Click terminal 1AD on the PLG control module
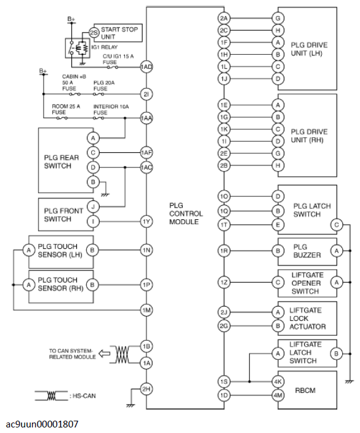(x=146, y=67)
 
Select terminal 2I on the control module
(x=146, y=94)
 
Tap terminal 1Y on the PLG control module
(x=146, y=221)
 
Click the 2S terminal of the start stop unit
(x=94, y=33)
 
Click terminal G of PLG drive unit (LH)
(x=279, y=18)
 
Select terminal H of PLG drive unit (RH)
(x=279, y=164)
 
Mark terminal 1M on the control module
(x=146, y=310)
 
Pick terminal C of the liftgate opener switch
(x=279, y=282)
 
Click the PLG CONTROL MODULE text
(x=185, y=212)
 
